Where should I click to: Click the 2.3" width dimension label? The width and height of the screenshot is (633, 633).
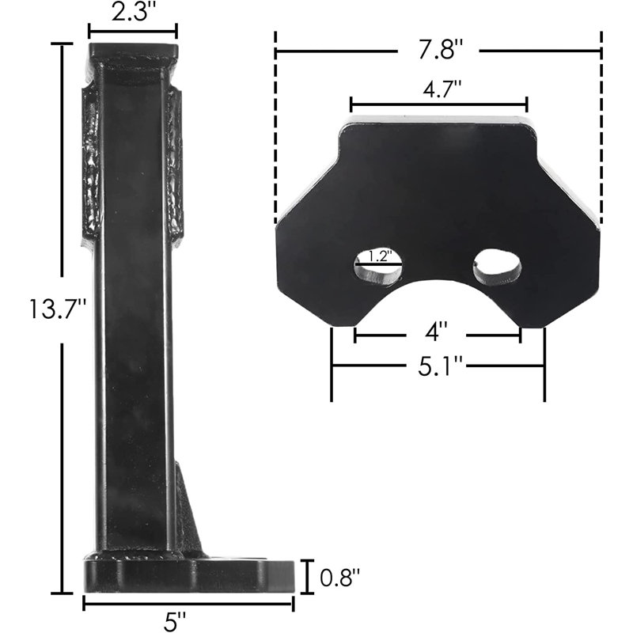coord(132,13)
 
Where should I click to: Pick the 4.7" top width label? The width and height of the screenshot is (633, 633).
coord(438,89)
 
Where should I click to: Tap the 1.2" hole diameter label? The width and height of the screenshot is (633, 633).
coord(379,256)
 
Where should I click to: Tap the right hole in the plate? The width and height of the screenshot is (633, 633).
coord(497,267)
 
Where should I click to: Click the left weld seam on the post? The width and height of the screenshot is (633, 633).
coord(89,162)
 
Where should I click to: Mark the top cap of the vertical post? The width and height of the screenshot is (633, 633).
coord(132,57)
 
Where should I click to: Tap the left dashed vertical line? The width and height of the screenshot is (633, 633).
coord(275,127)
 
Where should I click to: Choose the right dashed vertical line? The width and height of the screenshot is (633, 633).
coord(601,127)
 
